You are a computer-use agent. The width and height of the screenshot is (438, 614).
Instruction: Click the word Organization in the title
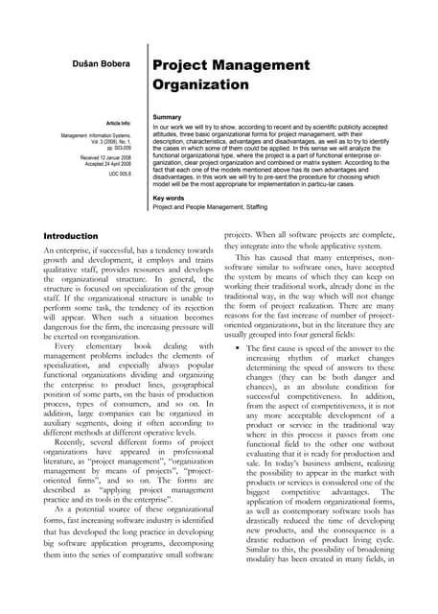pyautogui.click(x=200, y=83)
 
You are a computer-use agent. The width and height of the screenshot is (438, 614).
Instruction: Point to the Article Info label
pyautogui.click(x=118, y=125)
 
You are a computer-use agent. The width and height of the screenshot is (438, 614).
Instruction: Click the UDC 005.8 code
pyautogui.click(x=121, y=174)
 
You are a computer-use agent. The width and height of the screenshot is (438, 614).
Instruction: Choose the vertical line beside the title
pyautogui.click(x=148, y=125)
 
